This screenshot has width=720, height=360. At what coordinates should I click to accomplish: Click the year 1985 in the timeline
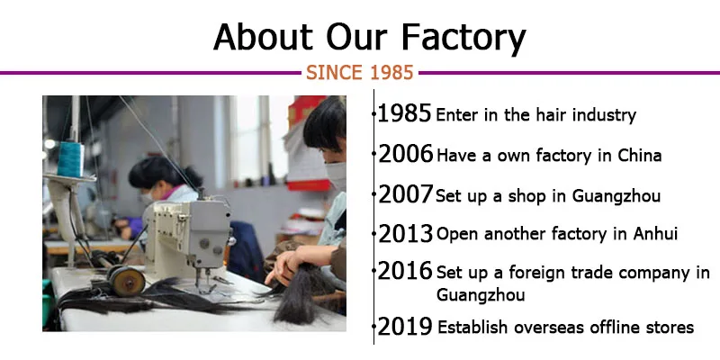(x=404, y=114)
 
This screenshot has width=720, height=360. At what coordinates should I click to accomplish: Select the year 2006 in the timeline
(x=405, y=154)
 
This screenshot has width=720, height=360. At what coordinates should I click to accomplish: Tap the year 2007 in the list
(x=405, y=193)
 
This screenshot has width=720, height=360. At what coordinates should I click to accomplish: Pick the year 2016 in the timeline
(x=405, y=272)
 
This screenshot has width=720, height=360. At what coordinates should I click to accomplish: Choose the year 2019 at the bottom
(x=405, y=326)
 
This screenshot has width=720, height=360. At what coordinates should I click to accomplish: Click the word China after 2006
(x=639, y=155)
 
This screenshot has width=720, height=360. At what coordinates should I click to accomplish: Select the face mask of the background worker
(x=150, y=193)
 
